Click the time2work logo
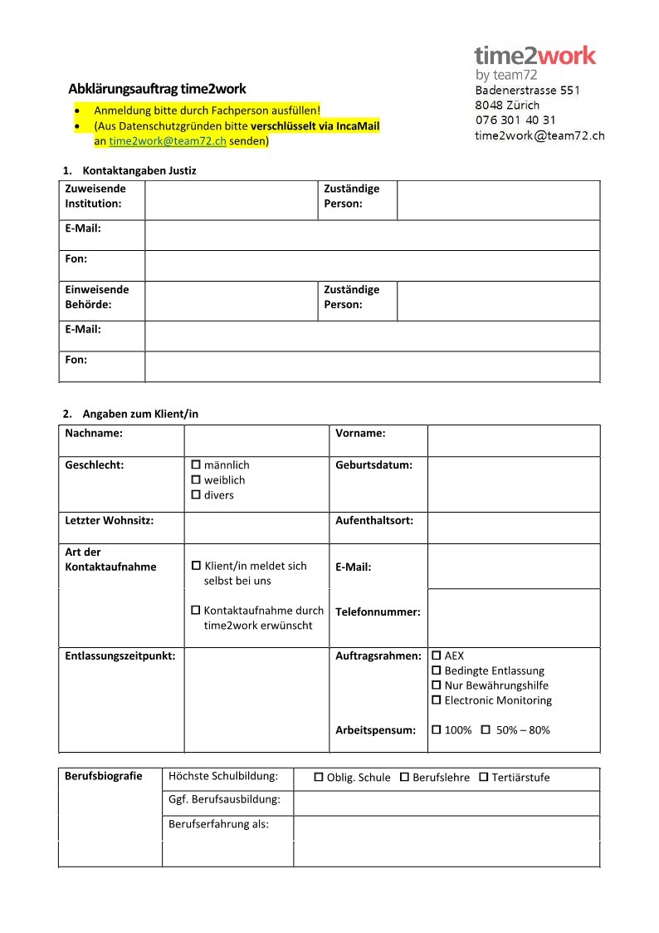pyautogui.click(x=535, y=56)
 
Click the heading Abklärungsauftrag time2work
pyautogui.click(x=157, y=89)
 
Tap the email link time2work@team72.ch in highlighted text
pyautogui.click(x=168, y=141)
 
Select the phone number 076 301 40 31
pyautogui.click(x=515, y=120)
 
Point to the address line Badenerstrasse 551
pyautogui.click(x=527, y=91)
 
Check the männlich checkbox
pyautogui.click(x=197, y=465)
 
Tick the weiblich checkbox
pyautogui.click(x=197, y=480)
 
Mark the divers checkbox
pyautogui.click(x=197, y=495)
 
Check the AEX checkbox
pyautogui.click(x=437, y=656)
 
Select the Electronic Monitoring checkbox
pyautogui.click(x=437, y=700)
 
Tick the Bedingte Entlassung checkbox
pyautogui.click(x=437, y=670)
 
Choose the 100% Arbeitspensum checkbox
pyautogui.click(x=437, y=730)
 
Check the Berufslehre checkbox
pyautogui.click(x=405, y=778)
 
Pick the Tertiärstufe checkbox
pyautogui.click(x=484, y=778)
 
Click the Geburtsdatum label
pyautogui.click(x=373, y=465)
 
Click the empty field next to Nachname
pyautogui.click(x=256, y=440)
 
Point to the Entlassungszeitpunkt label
pyautogui.click(x=120, y=656)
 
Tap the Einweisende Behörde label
pyautogui.click(x=97, y=297)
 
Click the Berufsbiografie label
pyautogui.click(x=104, y=777)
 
